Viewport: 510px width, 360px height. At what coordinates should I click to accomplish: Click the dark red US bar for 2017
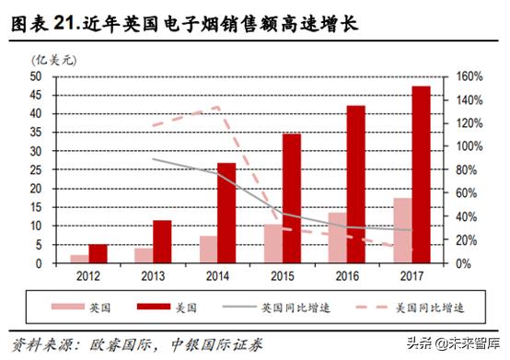[420, 175]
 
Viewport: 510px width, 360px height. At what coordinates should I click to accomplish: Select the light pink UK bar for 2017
[401, 230]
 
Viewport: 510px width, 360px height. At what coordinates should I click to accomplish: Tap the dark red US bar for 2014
[226, 213]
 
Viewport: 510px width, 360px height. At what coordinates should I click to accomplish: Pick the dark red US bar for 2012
[98, 253]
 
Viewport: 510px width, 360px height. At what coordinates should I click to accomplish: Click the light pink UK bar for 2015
[272, 243]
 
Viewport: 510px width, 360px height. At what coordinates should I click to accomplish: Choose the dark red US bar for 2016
[355, 184]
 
